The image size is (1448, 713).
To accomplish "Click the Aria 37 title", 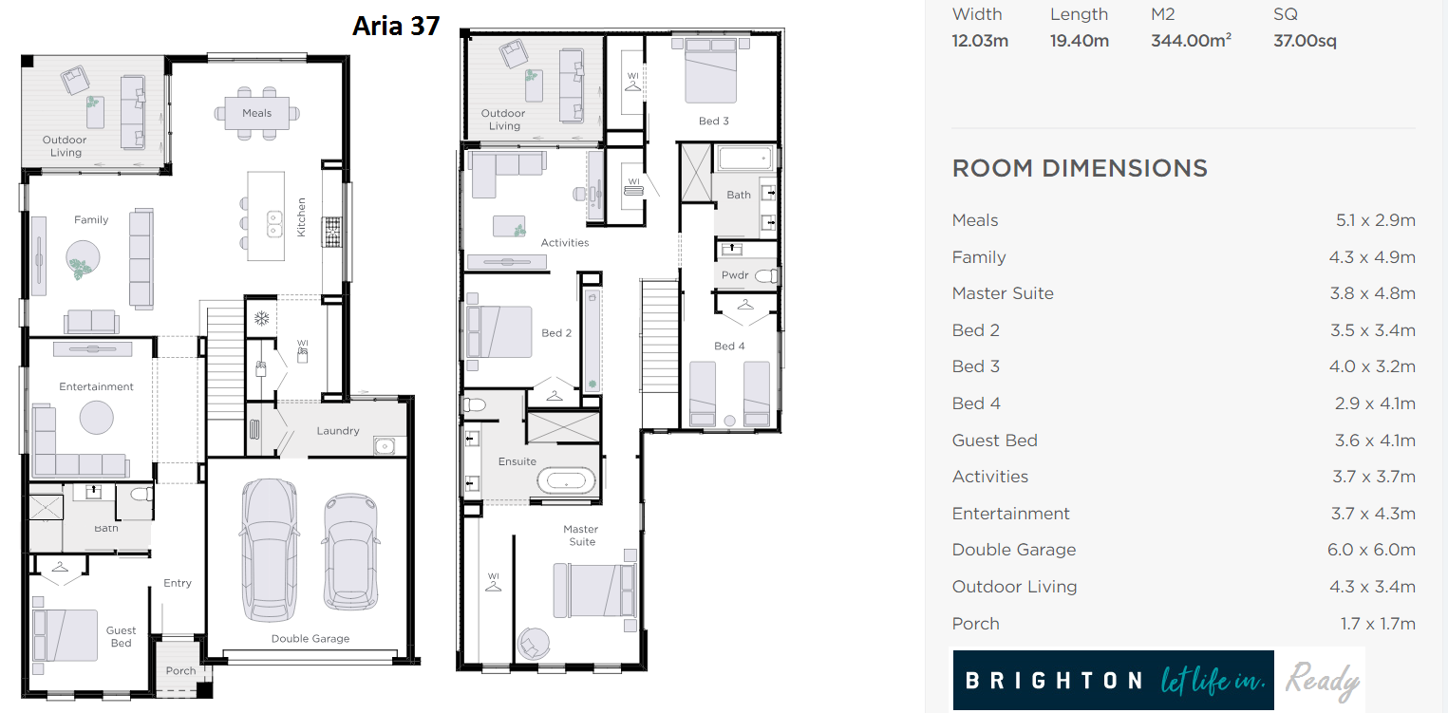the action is click(x=396, y=26).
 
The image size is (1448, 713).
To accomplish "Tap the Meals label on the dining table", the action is click(x=256, y=113).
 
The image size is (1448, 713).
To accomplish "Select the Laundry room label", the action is click(x=337, y=431).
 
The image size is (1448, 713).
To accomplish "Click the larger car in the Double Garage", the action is click(x=271, y=550).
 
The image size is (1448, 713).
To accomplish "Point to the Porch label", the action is click(x=180, y=671).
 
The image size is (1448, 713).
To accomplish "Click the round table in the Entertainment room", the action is click(x=96, y=417).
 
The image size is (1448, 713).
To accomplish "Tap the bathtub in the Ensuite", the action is click(x=567, y=481).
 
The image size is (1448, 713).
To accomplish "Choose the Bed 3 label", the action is click(x=714, y=121).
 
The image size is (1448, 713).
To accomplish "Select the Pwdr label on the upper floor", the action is click(x=735, y=275).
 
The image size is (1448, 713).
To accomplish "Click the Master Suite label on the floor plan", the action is click(x=580, y=535).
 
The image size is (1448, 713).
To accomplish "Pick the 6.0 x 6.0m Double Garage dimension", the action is click(x=1371, y=550).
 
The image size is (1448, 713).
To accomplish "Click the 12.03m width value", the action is click(x=980, y=41).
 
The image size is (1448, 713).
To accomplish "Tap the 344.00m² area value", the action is click(x=1191, y=40).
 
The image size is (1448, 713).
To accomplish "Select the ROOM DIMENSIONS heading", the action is click(x=1080, y=168).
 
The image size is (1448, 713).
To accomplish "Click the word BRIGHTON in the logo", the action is click(x=1054, y=681).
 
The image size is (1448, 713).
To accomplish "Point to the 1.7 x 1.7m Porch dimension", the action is click(x=1378, y=623).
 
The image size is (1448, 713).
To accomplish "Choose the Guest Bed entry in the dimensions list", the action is click(x=994, y=441).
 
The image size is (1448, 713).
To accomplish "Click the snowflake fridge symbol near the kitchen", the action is click(x=262, y=318).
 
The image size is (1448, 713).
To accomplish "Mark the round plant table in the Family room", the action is click(x=83, y=258).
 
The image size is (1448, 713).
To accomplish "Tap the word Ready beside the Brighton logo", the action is click(x=1323, y=681).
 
